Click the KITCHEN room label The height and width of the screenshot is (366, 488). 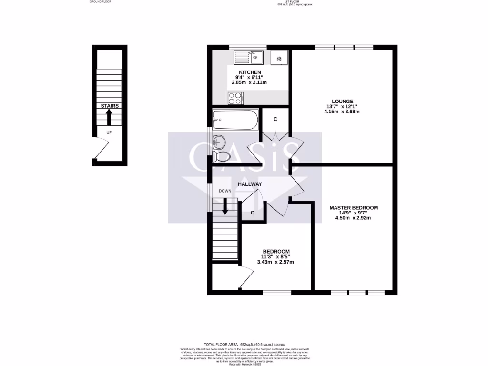pyautogui.click(x=250, y=72)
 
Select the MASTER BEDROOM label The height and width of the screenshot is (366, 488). pyautogui.click(x=354, y=208)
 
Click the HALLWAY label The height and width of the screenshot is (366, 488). pyautogui.click(x=250, y=184)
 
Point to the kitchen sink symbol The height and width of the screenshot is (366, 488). pyautogui.click(x=249, y=57)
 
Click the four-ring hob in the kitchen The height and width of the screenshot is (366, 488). pyautogui.click(x=235, y=98)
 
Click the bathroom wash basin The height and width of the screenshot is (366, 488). pyautogui.click(x=219, y=141)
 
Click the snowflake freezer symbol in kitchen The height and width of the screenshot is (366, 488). pyautogui.click(x=279, y=59)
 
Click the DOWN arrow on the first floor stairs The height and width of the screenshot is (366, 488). pyautogui.click(x=225, y=205)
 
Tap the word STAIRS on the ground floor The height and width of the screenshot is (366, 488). pyautogui.click(x=109, y=106)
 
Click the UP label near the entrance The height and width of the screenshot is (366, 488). pyautogui.click(x=109, y=132)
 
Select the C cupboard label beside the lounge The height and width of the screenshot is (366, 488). pyautogui.click(x=275, y=119)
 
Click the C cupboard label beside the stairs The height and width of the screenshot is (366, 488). pyautogui.click(x=252, y=213)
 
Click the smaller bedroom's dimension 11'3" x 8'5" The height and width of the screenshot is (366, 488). pyautogui.click(x=276, y=257)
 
